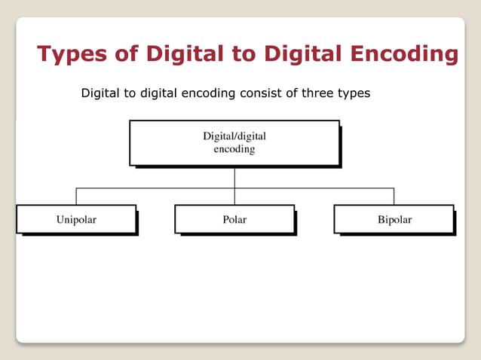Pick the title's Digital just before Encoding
(x=302, y=54)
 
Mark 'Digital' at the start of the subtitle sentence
(x=100, y=95)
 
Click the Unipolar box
(x=76, y=219)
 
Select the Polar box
(x=234, y=219)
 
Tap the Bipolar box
(x=394, y=219)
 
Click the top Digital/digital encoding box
(x=234, y=142)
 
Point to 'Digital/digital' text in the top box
(x=234, y=136)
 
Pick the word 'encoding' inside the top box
(x=234, y=149)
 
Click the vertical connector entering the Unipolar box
(x=76, y=196)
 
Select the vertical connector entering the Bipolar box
(x=394, y=196)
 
